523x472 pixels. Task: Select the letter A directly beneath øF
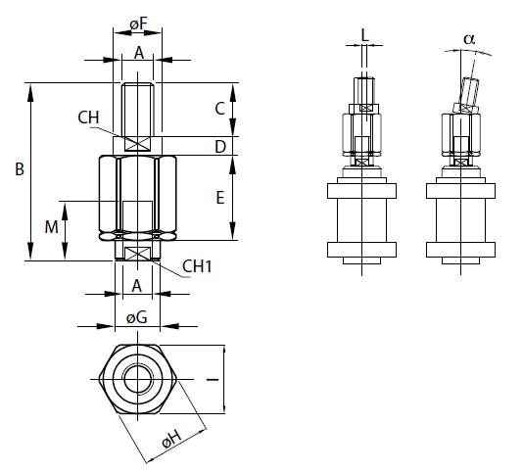(x=138, y=54)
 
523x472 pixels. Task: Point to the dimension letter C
(x=220, y=108)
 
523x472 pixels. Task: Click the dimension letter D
(x=220, y=146)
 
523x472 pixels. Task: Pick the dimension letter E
(x=220, y=197)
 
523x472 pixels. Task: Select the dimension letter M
(x=51, y=227)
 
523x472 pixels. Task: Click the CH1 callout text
(x=200, y=265)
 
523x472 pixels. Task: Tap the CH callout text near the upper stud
(x=88, y=118)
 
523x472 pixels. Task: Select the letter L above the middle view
(x=364, y=35)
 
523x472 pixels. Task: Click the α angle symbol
(x=468, y=38)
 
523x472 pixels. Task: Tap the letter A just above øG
(x=138, y=285)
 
